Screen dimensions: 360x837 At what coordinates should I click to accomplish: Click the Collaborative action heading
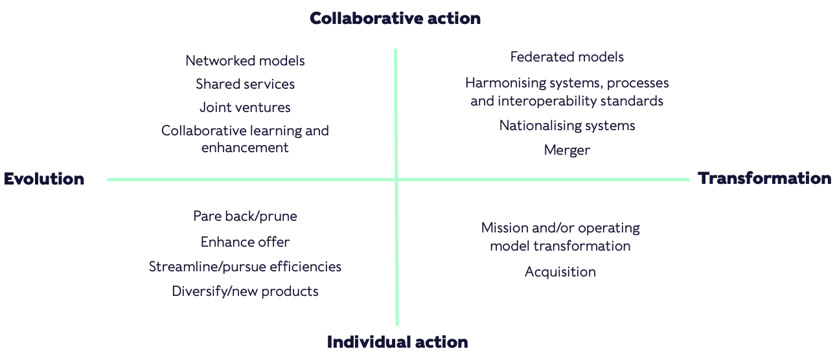(x=395, y=18)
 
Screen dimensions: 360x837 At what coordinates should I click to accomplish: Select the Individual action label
(x=397, y=342)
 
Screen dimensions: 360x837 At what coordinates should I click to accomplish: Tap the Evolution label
(x=44, y=179)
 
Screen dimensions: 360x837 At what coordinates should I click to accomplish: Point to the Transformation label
(x=764, y=178)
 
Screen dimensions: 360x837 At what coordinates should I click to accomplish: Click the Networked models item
(x=245, y=61)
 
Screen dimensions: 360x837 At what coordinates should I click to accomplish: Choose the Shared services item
(x=245, y=84)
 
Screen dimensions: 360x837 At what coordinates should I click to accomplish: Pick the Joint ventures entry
(x=245, y=107)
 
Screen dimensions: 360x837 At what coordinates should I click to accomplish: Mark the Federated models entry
(x=567, y=57)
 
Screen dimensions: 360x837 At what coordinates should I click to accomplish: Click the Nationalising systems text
(x=567, y=126)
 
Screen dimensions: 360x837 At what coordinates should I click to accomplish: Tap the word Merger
(x=567, y=150)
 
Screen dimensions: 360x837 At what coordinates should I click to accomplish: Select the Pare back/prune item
(x=245, y=216)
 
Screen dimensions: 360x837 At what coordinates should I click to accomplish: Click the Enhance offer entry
(x=245, y=242)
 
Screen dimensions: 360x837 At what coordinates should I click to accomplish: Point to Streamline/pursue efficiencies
(x=245, y=267)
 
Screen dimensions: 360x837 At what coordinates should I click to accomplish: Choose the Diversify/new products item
(x=245, y=291)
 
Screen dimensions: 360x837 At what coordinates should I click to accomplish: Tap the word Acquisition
(x=560, y=272)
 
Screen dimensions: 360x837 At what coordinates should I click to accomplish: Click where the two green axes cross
(x=396, y=179)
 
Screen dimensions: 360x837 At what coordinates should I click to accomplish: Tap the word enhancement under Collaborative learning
(x=245, y=148)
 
